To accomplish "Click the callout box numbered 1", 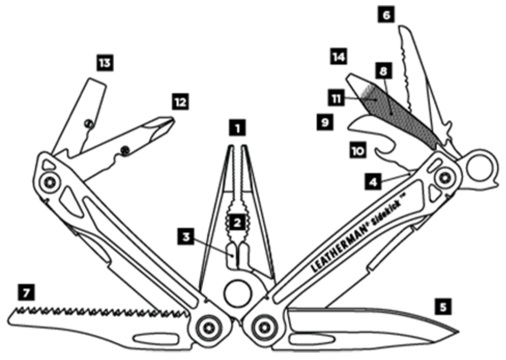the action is pos(237,128).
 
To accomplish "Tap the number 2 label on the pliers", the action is pos(237,222).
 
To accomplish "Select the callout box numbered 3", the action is pos(186,236).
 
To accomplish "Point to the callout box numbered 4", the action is pos(373,181).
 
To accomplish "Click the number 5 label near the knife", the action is pos(443,307).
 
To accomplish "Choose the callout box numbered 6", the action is pos(386,15).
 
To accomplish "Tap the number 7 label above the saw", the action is pos(26,293).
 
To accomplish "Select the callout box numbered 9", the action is pos(325,122).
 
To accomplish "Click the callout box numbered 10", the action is pos(358,151).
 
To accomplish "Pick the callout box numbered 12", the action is pos(180,102).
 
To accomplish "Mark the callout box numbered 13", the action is pos(105,63).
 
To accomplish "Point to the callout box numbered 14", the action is pos(339,56).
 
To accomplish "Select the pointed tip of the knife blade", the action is pos(458,332).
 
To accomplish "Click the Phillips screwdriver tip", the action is pos(169,122).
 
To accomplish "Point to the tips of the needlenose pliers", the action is pos(237,148).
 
